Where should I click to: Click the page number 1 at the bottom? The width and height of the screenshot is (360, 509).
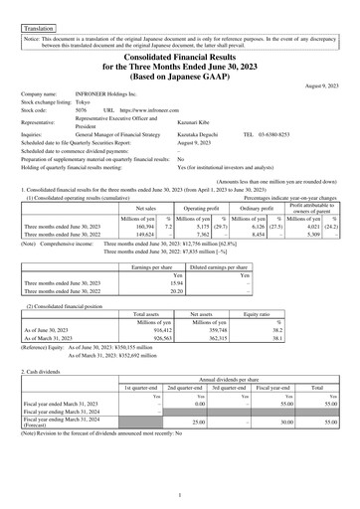(x=180, y=494)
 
